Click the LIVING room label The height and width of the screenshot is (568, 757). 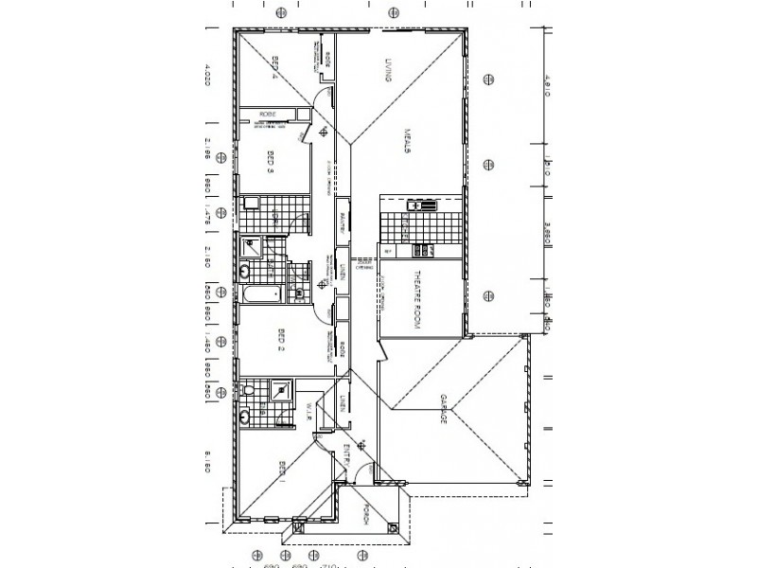(388, 72)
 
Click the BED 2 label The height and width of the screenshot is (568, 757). (281, 340)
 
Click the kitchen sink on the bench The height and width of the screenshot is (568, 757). (417, 205)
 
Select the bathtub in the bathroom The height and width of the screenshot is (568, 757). (260, 295)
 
